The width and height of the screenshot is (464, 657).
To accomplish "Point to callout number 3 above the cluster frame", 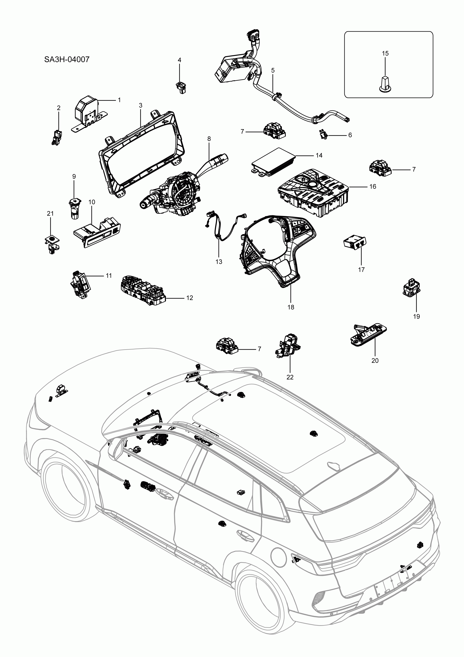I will [x=141, y=106].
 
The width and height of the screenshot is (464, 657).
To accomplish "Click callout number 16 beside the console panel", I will [x=373, y=187].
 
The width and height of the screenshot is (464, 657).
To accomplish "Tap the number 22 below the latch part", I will [x=290, y=377].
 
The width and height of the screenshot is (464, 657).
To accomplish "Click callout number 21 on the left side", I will [x=50, y=213].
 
